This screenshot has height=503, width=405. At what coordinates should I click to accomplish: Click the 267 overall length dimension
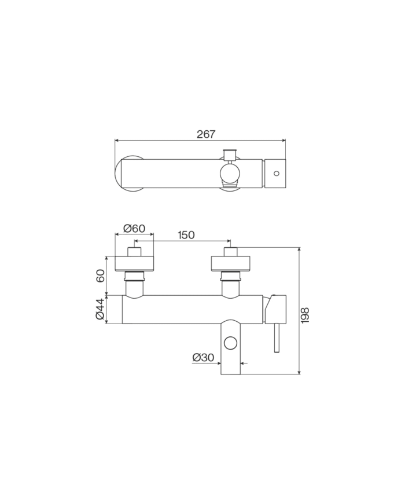tap(206, 134)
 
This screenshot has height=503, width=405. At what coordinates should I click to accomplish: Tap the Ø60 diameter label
tap(134, 229)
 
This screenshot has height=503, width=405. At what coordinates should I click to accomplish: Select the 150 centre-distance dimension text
tap(186, 235)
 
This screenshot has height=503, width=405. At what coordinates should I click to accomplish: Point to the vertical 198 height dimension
tap(305, 315)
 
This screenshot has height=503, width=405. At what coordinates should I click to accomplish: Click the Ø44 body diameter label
tap(100, 309)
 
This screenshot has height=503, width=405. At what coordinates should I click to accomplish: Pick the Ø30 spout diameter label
tap(203, 357)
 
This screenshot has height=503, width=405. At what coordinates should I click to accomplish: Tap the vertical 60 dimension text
tap(100, 276)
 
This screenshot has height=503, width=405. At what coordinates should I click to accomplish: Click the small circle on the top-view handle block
tap(277, 174)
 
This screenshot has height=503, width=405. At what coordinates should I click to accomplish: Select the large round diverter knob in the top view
tap(230, 173)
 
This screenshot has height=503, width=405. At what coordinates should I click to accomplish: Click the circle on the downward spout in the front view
tap(230, 343)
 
